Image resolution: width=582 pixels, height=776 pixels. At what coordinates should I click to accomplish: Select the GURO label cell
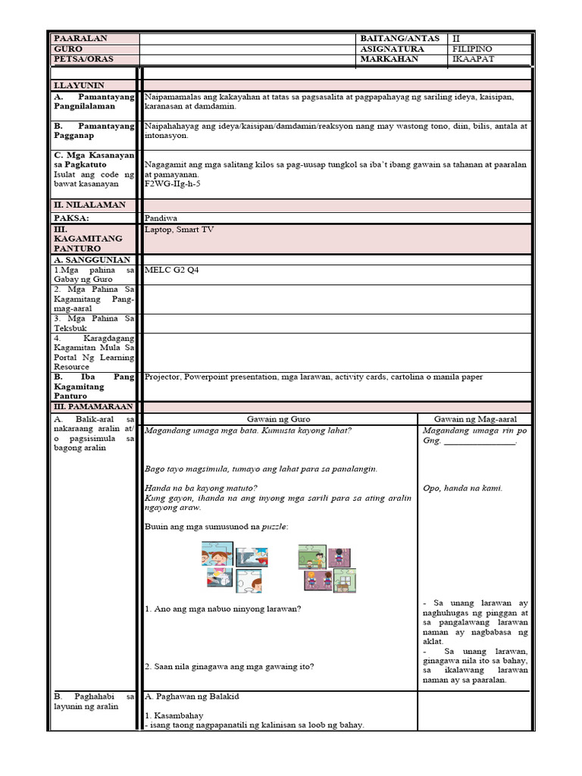point(68,48)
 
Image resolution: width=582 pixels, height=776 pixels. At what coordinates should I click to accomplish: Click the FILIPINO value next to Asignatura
point(472,48)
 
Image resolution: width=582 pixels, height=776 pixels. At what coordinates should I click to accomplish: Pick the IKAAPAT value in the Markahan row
point(473,59)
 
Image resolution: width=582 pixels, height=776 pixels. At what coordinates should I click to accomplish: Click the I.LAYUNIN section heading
point(79,86)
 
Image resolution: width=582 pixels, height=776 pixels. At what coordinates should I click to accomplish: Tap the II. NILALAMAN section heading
point(89,205)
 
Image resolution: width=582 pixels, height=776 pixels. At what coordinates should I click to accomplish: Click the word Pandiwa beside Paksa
point(161,217)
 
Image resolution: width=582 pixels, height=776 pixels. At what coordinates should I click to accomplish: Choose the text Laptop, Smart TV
point(180,229)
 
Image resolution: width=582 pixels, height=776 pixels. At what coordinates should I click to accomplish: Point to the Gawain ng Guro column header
point(279,419)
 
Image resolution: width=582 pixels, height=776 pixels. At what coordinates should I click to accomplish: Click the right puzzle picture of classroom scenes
point(327,568)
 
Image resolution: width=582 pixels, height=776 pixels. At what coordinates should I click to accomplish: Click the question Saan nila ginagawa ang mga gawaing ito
point(229,666)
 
